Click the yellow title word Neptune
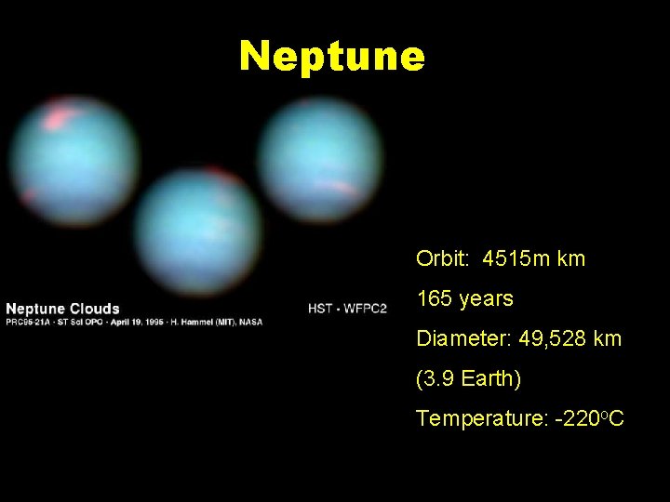pyautogui.click(x=332, y=56)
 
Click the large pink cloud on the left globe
pyautogui.click(x=60, y=118)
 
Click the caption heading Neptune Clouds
pyautogui.click(x=63, y=309)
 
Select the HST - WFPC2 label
pyautogui.click(x=346, y=309)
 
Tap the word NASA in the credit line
pyautogui.click(x=252, y=323)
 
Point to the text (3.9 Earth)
pyautogui.click(x=469, y=379)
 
